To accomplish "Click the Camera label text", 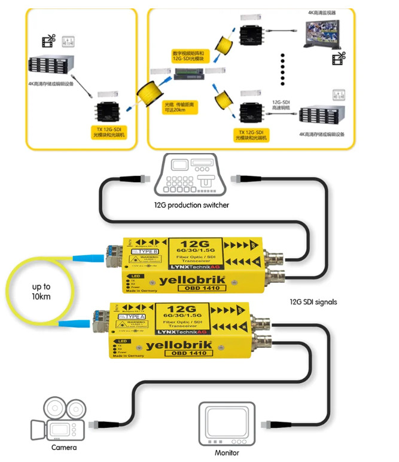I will tap(63, 447).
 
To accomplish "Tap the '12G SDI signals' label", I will tap(313, 302).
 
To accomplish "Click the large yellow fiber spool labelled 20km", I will tap(149, 93).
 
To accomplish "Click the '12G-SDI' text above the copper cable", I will tap(281, 102).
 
